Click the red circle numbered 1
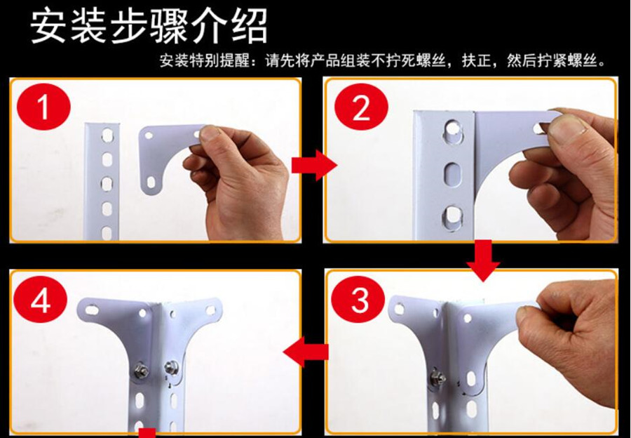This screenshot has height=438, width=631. [43, 107]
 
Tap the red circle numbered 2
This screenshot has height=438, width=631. [361, 107]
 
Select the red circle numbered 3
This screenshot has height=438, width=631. [360, 300]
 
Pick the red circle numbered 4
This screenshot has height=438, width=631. [41, 300]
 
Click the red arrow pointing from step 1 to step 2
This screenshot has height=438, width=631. [314, 165]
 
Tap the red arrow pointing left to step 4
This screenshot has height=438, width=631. [306, 352]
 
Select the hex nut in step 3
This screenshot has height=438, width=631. [437, 378]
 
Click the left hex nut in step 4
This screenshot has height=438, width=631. [141, 369]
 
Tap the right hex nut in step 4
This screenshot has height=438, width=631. [171, 367]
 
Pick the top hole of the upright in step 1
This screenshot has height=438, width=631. [107, 135]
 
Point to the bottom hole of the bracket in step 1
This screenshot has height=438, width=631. [151, 182]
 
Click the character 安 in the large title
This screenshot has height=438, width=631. [48, 26]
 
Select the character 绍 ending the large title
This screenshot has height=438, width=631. [250, 26]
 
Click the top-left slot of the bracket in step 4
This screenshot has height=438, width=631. [92, 310]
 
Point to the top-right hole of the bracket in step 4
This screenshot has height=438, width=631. [211, 310]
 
